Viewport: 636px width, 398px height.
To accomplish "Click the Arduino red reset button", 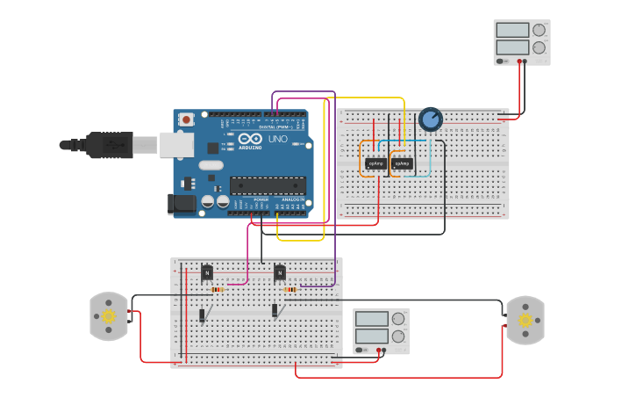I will point(186,119).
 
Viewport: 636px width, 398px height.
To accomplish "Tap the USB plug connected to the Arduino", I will point(110,145).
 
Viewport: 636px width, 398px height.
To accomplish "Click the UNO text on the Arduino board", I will point(277,139).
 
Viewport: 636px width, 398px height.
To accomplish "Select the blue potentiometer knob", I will point(430,119).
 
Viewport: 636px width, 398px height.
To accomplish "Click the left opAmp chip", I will point(375,163).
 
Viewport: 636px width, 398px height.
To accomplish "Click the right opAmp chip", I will point(403,163).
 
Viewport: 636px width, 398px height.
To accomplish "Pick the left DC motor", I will point(109,316).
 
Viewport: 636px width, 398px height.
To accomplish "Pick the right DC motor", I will point(525,320).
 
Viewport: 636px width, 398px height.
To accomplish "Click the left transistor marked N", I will point(207,272).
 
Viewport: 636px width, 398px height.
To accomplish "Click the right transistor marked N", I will point(280,272).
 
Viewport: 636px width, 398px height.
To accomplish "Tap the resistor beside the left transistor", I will point(217,289).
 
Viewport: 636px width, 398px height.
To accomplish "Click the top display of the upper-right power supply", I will point(512,30).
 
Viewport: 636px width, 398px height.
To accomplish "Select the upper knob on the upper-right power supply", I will point(539,30).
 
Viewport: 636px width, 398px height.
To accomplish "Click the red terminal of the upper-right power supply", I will point(519,62).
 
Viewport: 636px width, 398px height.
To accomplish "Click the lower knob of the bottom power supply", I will point(398,336).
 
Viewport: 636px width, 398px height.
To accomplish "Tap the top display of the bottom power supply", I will point(372,319).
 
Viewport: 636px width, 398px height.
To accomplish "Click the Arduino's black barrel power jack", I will point(182,204).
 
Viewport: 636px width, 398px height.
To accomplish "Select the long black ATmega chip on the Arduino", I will point(268,185).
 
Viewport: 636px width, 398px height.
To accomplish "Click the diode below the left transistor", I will point(202,315).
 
